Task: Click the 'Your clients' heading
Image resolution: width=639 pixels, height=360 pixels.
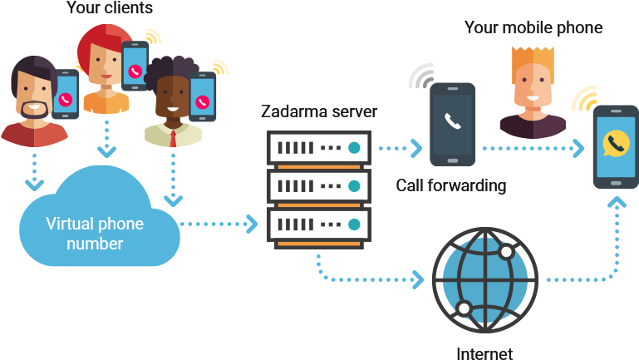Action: [x=111, y=8]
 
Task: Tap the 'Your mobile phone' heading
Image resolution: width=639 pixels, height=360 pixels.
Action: [x=533, y=28]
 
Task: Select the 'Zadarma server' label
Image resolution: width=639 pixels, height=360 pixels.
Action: [x=319, y=111]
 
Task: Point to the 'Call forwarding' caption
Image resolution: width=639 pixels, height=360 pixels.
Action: [x=450, y=185]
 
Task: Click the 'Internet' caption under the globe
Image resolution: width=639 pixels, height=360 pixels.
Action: [x=484, y=352]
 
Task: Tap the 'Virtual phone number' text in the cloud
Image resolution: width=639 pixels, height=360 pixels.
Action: [x=95, y=234]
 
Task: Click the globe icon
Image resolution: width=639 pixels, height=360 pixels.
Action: [x=485, y=277]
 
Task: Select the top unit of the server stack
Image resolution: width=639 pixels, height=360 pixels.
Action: [x=317, y=148]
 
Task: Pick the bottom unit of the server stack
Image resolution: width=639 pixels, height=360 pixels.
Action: [x=317, y=224]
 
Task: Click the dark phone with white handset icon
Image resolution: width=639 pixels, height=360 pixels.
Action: [x=452, y=123]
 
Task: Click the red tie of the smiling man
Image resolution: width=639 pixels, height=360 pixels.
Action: [x=174, y=136]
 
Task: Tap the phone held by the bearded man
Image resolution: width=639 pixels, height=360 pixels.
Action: [x=66, y=95]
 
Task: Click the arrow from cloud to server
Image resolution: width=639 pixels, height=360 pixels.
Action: [x=218, y=224]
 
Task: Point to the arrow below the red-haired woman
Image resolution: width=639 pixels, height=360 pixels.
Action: [x=106, y=137]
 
